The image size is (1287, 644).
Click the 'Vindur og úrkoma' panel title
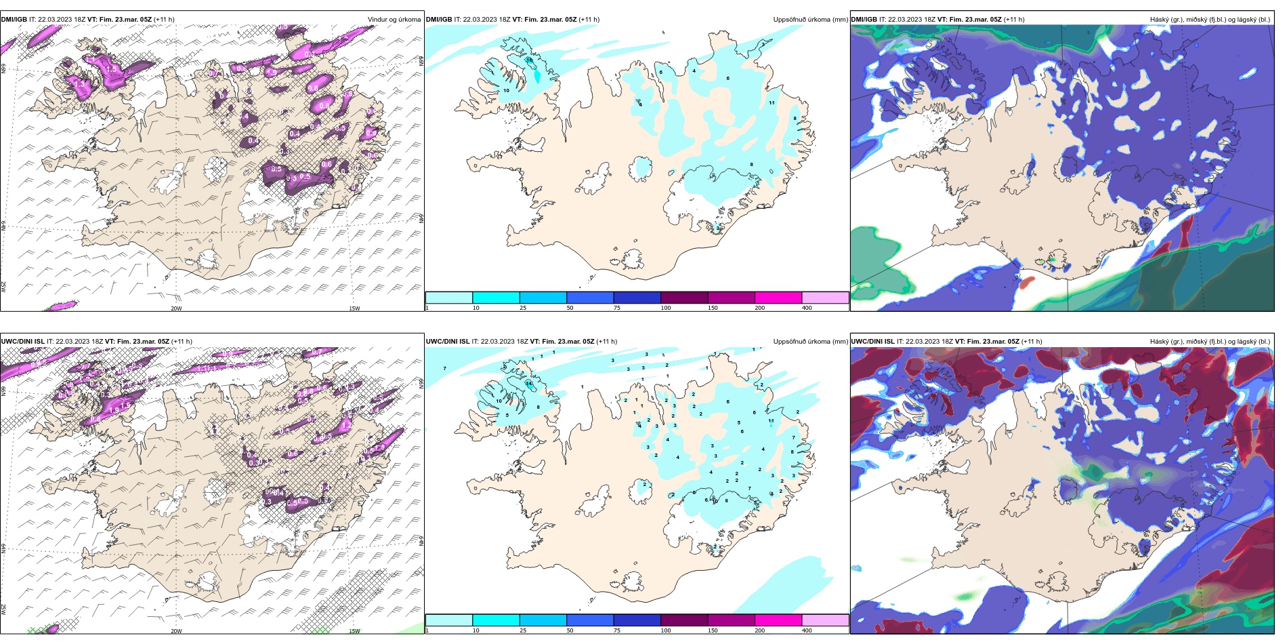tap(394, 20)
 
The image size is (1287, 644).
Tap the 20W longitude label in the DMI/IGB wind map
tap(176, 308)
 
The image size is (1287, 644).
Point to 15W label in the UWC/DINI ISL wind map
tap(354, 631)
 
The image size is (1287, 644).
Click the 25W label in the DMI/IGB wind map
tap(3, 287)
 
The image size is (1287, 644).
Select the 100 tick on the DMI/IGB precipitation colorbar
tap(666, 308)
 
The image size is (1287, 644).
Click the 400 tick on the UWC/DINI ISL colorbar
tap(807, 630)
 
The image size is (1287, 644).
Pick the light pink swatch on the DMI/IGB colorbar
tap(825, 298)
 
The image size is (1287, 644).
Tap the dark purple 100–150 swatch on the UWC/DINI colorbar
tap(684, 620)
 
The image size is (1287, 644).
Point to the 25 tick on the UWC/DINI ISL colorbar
tap(523, 630)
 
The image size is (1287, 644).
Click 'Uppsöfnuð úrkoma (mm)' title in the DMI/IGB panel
tap(810, 20)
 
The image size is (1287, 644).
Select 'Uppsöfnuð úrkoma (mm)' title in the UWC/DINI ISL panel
tap(810, 342)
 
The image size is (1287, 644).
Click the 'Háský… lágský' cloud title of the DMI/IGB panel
tap(1210, 20)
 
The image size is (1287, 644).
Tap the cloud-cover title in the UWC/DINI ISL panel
tap(1210, 342)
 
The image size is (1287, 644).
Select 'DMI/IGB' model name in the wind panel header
tap(14, 20)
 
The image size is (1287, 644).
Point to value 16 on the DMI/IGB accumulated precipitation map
tap(529, 60)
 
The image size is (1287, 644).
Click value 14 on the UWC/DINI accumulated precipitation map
tap(529, 384)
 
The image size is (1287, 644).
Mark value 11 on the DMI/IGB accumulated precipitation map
tap(772, 103)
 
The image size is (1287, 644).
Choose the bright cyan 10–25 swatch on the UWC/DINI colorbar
tap(496, 620)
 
